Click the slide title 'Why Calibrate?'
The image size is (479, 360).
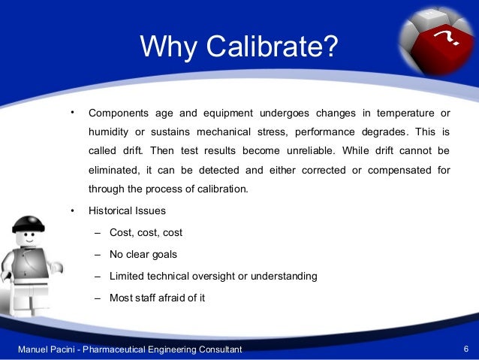point(239,48)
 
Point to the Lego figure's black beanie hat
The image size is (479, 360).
point(29,224)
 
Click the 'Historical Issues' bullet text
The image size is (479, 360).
point(127,210)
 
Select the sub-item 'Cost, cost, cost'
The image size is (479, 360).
point(146,232)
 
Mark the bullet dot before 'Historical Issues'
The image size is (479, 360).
point(72,210)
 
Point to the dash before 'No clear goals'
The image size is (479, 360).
point(98,254)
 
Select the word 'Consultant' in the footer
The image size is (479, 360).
point(218,350)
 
